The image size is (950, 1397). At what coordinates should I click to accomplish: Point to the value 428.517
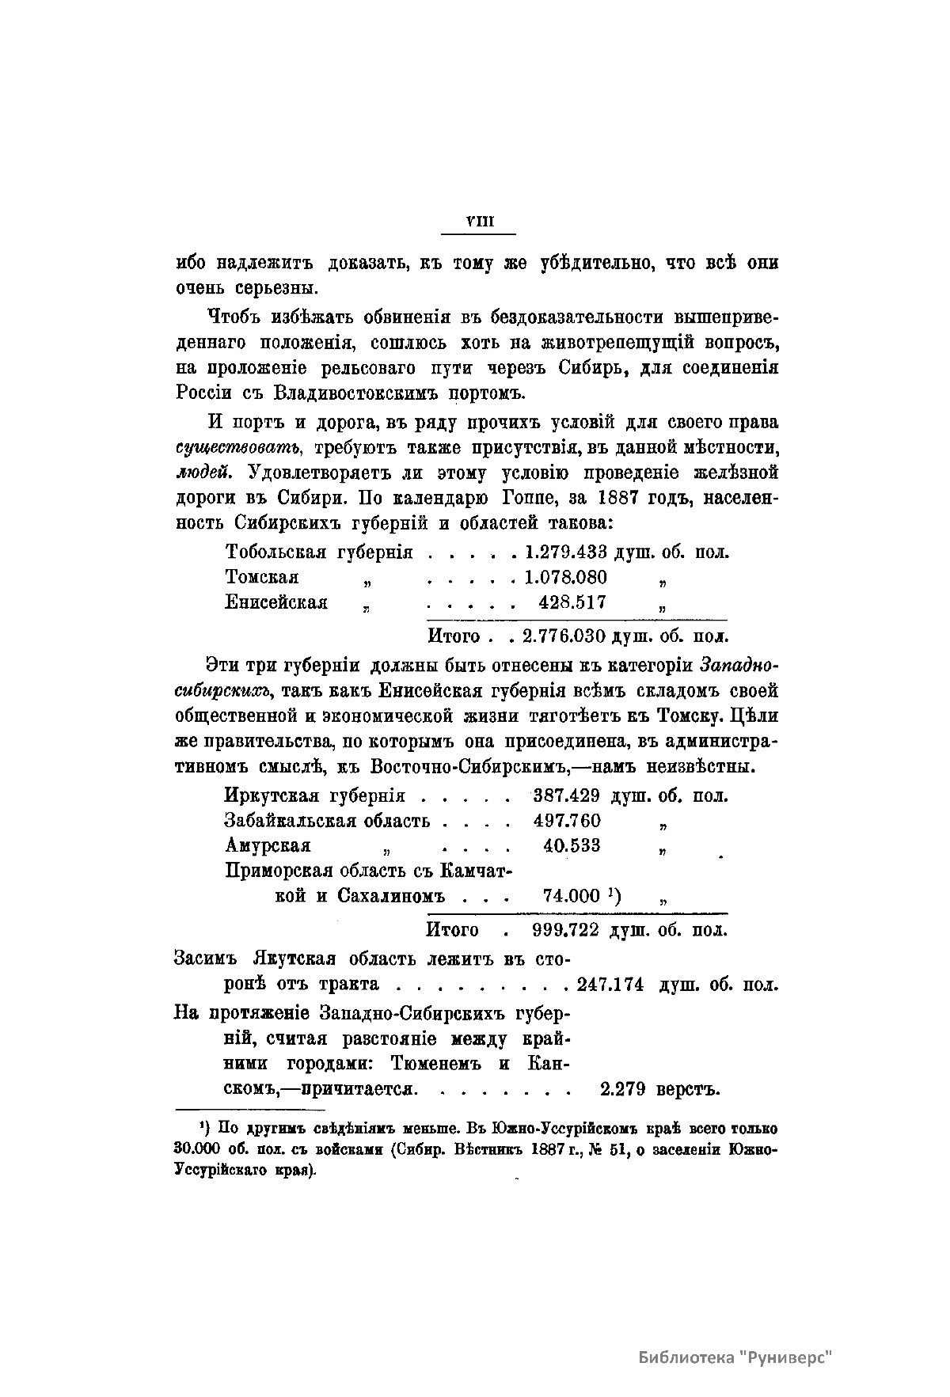pos(572,602)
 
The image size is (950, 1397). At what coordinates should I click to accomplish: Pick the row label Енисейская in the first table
pos(276,602)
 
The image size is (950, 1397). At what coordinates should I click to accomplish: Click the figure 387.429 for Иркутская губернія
pos(567,795)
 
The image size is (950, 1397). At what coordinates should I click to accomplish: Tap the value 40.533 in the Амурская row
pos(572,846)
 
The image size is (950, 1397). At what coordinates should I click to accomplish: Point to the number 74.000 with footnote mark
pos(572,896)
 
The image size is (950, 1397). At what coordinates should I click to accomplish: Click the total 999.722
pos(567,929)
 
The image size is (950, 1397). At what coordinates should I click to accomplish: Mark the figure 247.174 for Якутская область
pos(610,985)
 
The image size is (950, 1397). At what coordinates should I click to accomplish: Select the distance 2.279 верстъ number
pos(622,1088)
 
